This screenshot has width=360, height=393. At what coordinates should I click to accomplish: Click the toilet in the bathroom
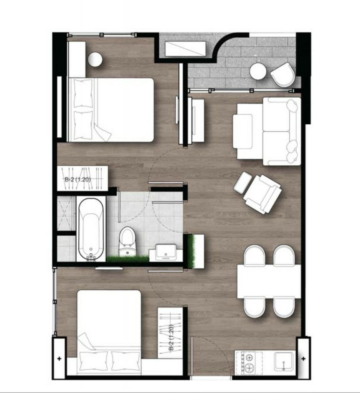tap(127, 241)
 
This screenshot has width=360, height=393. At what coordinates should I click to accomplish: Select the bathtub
tap(91, 229)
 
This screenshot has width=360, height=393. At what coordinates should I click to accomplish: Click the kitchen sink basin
tap(283, 361)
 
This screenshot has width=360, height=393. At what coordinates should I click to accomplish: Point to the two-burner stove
tap(248, 362)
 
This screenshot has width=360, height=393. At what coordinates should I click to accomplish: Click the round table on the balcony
tap(258, 71)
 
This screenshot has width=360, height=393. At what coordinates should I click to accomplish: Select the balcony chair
tap(283, 74)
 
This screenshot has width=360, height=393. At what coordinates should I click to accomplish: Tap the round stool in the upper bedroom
tap(95, 59)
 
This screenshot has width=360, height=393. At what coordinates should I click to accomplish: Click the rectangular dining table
tap(269, 281)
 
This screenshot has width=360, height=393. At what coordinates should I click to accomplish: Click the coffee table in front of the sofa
tap(243, 131)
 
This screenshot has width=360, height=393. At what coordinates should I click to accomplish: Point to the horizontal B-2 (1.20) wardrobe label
tap(78, 180)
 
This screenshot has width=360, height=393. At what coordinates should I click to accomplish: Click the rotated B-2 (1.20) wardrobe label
tap(171, 338)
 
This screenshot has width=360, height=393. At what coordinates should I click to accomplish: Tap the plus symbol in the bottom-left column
tap(59, 359)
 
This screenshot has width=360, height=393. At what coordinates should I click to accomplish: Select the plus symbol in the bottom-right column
tap(303, 359)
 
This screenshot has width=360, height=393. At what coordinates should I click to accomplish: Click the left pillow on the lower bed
tap(94, 361)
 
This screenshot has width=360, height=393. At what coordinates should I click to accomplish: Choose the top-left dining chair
tap(254, 255)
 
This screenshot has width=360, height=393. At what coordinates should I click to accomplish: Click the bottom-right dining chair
tap(284, 307)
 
